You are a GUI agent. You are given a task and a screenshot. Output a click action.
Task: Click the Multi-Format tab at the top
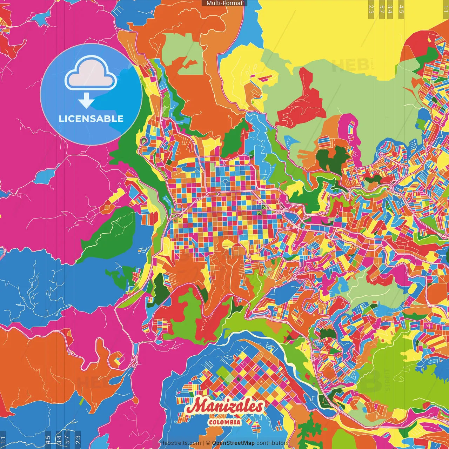(x=224, y=3)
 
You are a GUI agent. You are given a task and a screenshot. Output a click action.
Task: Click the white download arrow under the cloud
(x=86, y=101)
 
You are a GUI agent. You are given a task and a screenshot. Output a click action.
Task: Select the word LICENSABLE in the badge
(x=91, y=119)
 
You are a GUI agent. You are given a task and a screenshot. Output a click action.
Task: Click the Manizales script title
(x=224, y=406)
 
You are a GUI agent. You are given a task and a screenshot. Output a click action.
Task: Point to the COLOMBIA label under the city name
(x=224, y=422)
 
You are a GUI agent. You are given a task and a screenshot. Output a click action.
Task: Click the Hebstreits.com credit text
(x=180, y=443)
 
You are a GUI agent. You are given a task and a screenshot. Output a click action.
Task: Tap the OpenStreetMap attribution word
(x=233, y=443)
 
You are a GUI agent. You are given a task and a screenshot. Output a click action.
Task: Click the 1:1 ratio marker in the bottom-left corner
(x=3, y=440)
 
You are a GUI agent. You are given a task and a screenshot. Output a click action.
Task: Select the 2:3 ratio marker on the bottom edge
(x=78, y=440)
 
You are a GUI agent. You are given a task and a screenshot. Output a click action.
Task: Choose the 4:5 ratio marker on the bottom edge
(x=48, y=440)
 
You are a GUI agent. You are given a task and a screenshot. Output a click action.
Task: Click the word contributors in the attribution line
(x=272, y=443)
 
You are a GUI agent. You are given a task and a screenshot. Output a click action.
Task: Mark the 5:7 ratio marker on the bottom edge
(x=67, y=440)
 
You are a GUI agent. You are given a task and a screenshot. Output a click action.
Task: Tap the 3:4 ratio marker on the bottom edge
(x=59, y=440)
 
